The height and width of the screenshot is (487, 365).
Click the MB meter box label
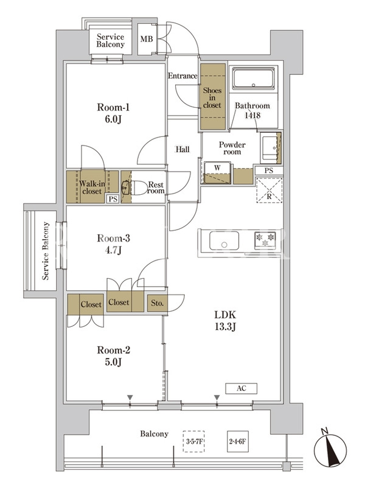click(x=147, y=39)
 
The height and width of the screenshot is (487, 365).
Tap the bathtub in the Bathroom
click(x=254, y=79)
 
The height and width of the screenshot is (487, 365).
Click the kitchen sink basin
click(x=224, y=240)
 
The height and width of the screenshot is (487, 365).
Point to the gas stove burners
click(x=266, y=240)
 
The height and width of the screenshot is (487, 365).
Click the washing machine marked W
click(x=217, y=173)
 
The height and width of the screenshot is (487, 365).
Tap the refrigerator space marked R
click(x=269, y=190)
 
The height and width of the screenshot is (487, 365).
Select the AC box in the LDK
click(x=241, y=388)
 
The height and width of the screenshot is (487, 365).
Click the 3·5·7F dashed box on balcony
click(x=193, y=441)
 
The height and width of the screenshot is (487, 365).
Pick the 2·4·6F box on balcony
click(x=238, y=441)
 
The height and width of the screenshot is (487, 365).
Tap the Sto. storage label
click(x=157, y=303)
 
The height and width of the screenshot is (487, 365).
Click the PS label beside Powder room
click(x=269, y=170)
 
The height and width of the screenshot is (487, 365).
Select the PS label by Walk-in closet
click(x=113, y=199)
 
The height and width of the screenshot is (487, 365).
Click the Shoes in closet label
click(x=212, y=98)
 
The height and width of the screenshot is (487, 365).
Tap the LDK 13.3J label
click(x=225, y=321)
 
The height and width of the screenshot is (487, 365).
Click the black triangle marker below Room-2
click(x=130, y=398)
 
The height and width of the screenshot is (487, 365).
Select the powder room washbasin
click(x=269, y=148)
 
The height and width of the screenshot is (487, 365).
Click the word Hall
click(x=182, y=149)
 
